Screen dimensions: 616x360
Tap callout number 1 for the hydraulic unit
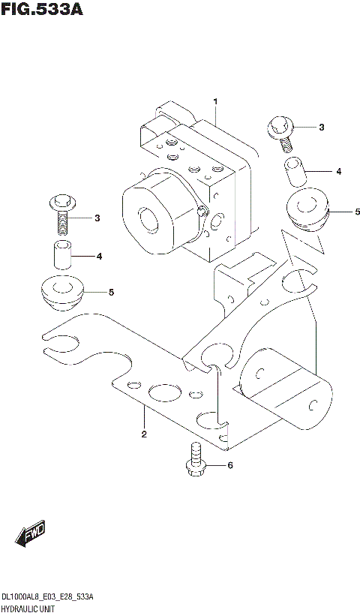(x=214, y=101)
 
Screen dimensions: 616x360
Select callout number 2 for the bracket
(x=143, y=434)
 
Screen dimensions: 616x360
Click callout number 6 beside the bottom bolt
(x=230, y=466)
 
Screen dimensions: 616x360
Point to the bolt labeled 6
(x=196, y=458)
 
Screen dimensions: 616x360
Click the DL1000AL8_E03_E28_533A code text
(x=47, y=596)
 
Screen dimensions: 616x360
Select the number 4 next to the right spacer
(x=338, y=172)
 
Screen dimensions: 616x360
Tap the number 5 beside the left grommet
(x=111, y=292)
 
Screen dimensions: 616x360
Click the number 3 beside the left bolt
(x=97, y=218)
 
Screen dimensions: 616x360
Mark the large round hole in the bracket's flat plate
(x=163, y=392)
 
